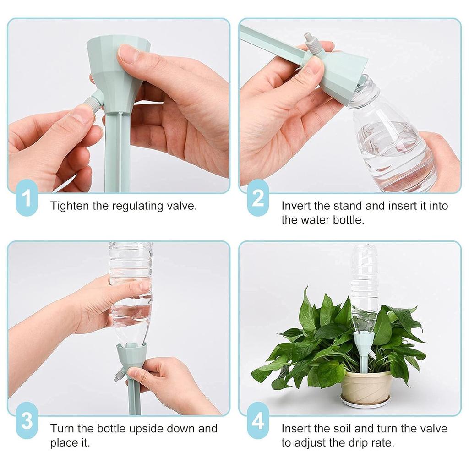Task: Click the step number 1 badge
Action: (27, 199)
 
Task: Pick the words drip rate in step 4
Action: (371, 443)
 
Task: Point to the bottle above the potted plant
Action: (365, 284)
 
